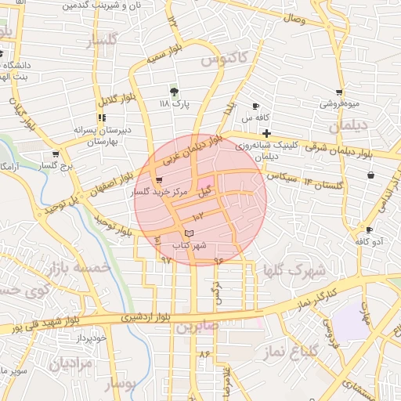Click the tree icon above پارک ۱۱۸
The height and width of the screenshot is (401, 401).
pyautogui.click(x=174, y=91)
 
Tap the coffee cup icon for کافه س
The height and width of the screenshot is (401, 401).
pyautogui.click(x=255, y=107)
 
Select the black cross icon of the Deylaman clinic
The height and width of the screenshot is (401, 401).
pyautogui.click(x=267, y=133)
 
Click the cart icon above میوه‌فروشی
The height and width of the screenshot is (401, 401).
pyautogui.click(x=338, y=92)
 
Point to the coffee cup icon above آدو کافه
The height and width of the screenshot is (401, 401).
pyautogui.click(x=369, y=229)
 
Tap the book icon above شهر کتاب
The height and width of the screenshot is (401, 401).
pyautogui.click(x=187, y=233)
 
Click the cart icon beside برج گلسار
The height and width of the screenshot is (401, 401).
pyautogui.click(x=56, y=154)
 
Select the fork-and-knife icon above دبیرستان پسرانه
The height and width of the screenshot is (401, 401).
pyautogui.click(x=101, y=117)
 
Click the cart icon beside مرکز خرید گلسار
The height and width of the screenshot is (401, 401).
pyautogui.click(x=160, y=180)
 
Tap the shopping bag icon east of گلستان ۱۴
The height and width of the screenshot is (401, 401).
pyautogui.click(x=369, y=175)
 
